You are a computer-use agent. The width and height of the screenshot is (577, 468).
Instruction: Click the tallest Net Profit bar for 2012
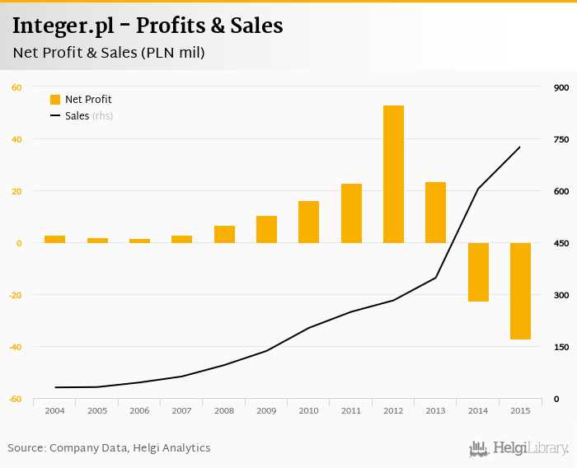tap(393, 174)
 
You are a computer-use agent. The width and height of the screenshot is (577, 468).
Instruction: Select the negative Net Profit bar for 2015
tap(520, 291)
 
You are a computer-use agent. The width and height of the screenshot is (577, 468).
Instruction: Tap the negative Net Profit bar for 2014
tap(478, 272)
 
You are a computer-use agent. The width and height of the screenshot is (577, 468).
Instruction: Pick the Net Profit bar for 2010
tap(308, 222)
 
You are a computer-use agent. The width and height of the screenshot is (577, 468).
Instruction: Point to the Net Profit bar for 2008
tap(224, 234)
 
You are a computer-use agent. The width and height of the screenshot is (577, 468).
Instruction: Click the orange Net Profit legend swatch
tap(55, 100)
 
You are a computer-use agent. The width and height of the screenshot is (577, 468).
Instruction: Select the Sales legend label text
tap(77, 116)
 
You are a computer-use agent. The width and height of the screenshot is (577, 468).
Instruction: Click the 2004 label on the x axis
tap(55, 410)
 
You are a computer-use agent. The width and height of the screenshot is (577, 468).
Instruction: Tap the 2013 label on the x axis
tap(435, 410)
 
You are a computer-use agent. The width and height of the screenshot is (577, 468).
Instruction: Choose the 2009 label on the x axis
tap(266, 410)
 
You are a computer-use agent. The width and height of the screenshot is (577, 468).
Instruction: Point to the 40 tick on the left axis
tap(16, 139)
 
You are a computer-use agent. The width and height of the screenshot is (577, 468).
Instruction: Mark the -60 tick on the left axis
tap(15, 399)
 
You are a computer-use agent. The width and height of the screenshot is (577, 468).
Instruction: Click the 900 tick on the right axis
tap(561, 87)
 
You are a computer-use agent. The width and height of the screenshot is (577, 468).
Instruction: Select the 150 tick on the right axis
tap(561, 347)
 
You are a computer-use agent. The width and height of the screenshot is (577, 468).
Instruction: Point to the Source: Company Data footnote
tap(109, 448)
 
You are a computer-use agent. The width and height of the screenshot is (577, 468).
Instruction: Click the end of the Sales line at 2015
tap(520, 147)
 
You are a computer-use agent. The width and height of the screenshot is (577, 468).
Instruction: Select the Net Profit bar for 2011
tap(351, 213)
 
